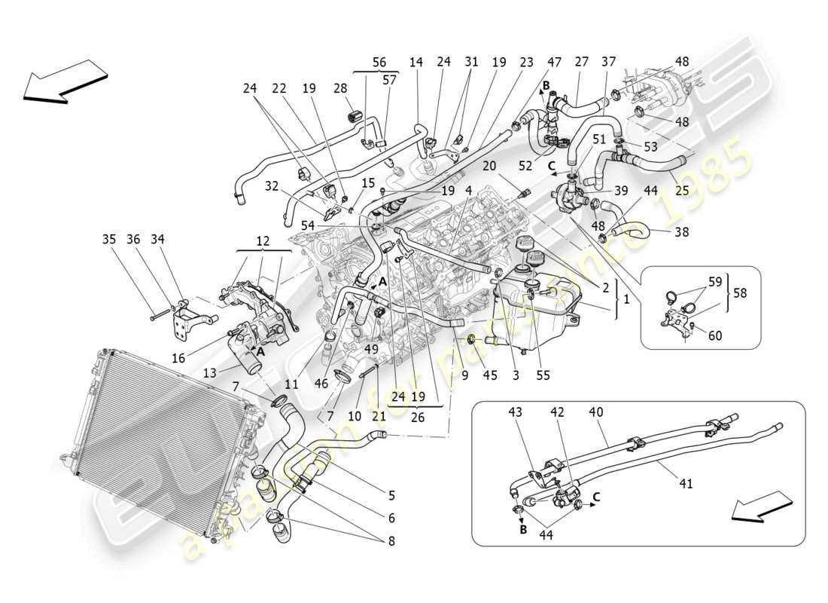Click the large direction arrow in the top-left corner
pos(66,81)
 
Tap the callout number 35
pos(110,240)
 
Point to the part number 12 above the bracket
pos(261,240)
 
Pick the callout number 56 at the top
pos(379,63)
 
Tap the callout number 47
pos(554,63)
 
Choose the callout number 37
pos(608,63)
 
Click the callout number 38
pos(681,233)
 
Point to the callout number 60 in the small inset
pos(715,335)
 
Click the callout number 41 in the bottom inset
pos(686,485)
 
